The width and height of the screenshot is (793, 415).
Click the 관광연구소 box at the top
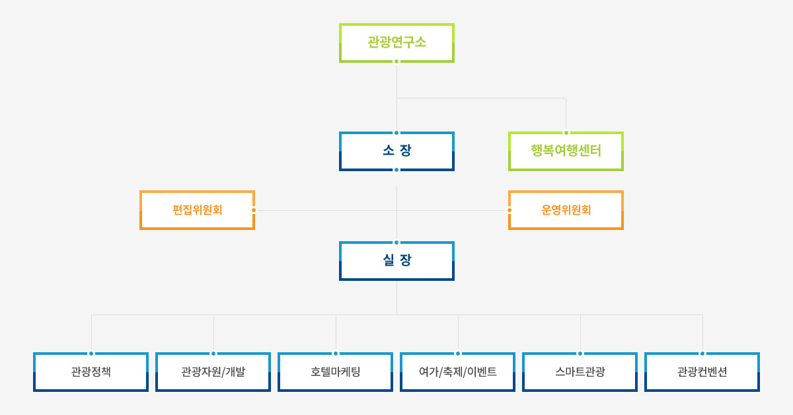(x=397, y=43)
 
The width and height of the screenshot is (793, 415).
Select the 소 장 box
(x=397, y=151)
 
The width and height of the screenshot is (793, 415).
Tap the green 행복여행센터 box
(x=566, y=151)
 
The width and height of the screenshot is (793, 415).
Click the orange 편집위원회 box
(x=197, y=210)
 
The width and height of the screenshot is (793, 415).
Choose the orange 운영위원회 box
(x=566, y=210)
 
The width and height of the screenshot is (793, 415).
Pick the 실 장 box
(x=397, y=261)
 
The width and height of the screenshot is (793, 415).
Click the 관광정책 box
(x=91, y=372)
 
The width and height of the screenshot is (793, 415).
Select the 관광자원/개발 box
(x=213, y=372)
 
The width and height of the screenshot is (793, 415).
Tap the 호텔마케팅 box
(x=335, y=372)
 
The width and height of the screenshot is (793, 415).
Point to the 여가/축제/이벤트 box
(x=457, y=372)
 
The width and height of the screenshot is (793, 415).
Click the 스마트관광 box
(x=580, y=372)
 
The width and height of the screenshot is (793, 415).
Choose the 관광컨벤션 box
(x=702, y=372)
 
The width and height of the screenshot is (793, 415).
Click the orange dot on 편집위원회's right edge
(x=254, y=210)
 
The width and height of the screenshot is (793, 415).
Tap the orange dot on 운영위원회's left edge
(x=510, y=210)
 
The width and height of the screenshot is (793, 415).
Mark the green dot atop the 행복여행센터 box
(x=566, y=133)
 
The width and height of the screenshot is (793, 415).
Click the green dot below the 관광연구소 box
(x=397, y=61)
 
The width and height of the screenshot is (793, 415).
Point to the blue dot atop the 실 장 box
(x=397, y=243)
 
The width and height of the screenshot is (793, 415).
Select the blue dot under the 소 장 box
(x=397, y=170)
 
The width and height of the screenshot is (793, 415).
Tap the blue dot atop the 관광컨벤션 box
(x=702, y=354)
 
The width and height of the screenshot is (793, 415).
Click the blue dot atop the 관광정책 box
(x=91, y=354)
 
